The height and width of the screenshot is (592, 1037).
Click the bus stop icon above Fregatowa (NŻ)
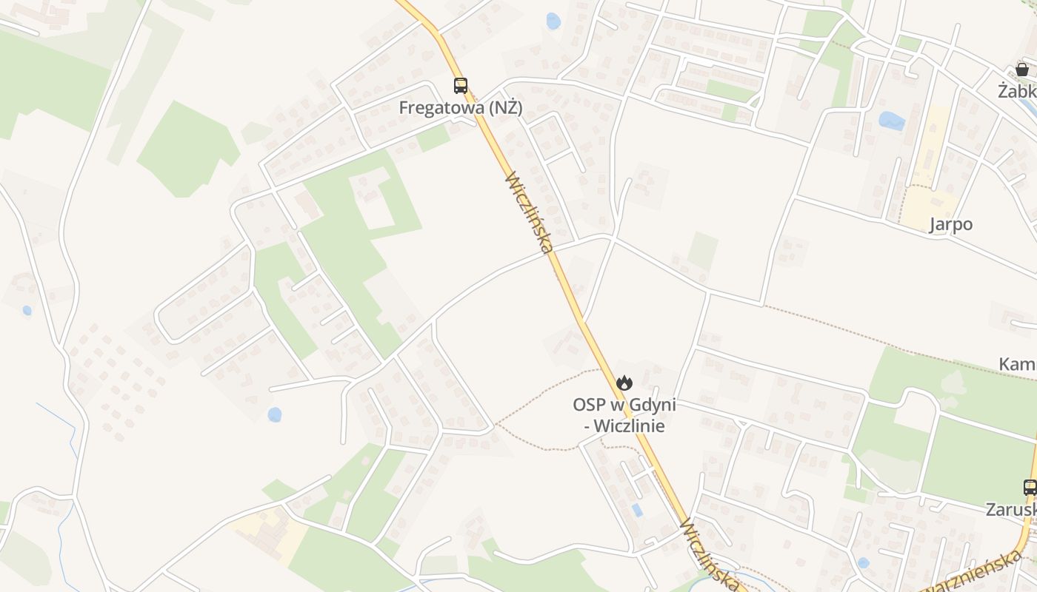pos(461,86)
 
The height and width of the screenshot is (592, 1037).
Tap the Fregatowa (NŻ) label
pos(461,108)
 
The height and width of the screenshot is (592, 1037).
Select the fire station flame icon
pos(624,383)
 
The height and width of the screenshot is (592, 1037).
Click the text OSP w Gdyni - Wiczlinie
pos(624,415)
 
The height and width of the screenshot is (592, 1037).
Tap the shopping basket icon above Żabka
pos(1022,70)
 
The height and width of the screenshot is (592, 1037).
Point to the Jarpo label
pos(951,225)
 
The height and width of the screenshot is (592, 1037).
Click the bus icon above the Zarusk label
pos(1030,487)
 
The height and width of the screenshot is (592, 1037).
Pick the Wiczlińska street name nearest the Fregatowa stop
pos(529,212)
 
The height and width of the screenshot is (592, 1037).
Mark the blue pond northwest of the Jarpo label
pos(892,121)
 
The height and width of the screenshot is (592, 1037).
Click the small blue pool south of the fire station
pos(637,510)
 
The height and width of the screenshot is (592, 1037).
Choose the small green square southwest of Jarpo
pos(702,250)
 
